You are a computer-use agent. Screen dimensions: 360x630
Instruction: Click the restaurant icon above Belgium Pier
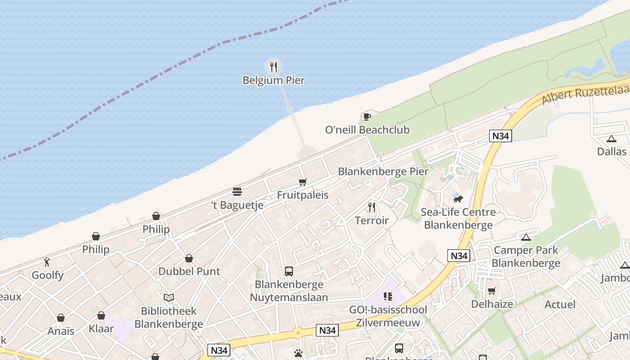tap(273, 67)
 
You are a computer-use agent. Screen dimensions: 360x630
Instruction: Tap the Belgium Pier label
tap(274, 81)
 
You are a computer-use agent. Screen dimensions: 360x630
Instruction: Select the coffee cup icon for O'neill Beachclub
tap(367, 117)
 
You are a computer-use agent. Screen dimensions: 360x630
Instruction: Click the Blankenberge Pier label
tap(383, 171)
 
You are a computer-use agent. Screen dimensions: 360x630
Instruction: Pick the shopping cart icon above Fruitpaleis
tap(303, 182)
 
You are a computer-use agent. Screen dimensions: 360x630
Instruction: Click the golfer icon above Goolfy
tap(47, 261)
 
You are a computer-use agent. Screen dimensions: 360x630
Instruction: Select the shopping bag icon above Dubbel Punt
tap(189, 258)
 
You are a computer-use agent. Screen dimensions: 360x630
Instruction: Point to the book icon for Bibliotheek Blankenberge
tap(169, 297)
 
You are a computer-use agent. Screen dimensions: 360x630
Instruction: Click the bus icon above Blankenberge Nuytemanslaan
tap(289, 271)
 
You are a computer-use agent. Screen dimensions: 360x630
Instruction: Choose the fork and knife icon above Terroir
tap(372, 207)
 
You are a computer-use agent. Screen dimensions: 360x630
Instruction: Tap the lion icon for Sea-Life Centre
tap(458, 199)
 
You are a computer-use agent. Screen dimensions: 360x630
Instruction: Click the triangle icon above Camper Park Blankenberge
tap(526, 237)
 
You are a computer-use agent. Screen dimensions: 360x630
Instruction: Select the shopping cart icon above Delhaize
tap(492, 291)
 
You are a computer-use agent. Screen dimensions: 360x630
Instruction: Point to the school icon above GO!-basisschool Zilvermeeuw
tap(388, 297)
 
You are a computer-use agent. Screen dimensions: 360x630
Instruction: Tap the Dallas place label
tap(612, 152)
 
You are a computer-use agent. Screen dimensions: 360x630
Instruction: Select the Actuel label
tap(560, 305)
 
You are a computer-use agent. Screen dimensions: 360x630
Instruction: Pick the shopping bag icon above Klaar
tap(101, 315)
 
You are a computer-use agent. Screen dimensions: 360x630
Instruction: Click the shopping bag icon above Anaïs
tap(61, 318)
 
